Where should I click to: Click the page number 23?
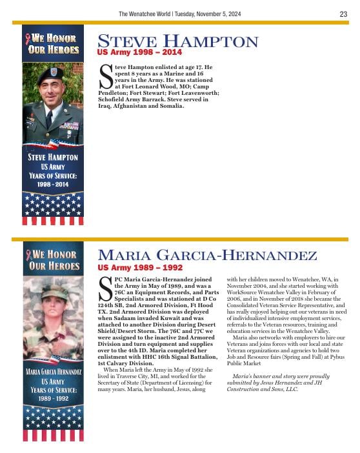coord(343,14)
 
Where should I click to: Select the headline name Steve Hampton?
coord(177,42)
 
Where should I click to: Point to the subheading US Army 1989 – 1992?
coord(140,267)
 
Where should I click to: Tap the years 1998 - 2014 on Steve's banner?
coord(53,185)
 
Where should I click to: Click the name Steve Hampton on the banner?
coord(53,157)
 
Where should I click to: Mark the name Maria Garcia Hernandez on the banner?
coord(53,372)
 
